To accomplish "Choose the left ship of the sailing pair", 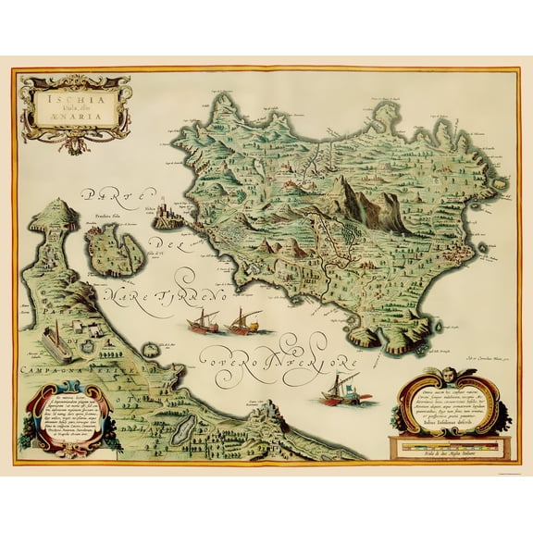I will (x=203, y=322).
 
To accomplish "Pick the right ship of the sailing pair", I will (x=245, y=320).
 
